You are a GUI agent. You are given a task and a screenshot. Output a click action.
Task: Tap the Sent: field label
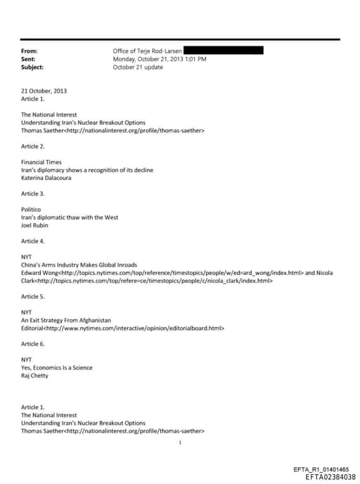[x=28, y=59]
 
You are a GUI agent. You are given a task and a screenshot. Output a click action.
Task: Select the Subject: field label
[x=32, y=67]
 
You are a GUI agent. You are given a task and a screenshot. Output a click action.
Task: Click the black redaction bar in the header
[x=224, y=51]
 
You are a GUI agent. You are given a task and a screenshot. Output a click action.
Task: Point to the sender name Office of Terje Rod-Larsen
[x=148, y=51]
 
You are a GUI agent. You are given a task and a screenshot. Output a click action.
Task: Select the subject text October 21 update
[x=137, y=67]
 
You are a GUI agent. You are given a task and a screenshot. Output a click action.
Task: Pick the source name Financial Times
[x=41, y=163]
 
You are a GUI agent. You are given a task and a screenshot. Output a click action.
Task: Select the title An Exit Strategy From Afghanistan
[x=66, y=320]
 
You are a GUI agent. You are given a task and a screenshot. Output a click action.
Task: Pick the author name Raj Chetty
[x=35, y=376]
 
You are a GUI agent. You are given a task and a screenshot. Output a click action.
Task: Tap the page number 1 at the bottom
[x=180, y=443]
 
